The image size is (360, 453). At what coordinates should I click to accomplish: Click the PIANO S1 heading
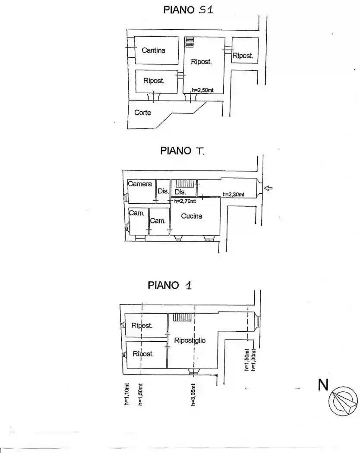coord(188,9)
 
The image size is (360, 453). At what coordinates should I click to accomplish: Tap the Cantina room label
coord(154,50)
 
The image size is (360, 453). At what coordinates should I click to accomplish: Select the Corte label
coord(142,112)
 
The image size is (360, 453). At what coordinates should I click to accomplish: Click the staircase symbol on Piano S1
coord(189,42)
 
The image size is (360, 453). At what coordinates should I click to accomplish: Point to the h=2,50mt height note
coord(203,90)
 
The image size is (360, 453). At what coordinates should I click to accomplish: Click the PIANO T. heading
coord(183,151)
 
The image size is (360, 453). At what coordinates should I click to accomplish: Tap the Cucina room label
coord(191,216)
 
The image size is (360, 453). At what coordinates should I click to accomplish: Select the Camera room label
coord(140,184)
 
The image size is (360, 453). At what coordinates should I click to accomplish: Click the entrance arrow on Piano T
coord(268,189)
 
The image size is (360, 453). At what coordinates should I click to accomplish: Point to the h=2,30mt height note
coord(234,195)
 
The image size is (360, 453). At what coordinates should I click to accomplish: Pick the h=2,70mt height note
coord(185,201)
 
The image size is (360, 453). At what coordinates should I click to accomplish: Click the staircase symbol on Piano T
coord(184,183)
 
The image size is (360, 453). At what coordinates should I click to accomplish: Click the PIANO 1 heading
coord(170,285)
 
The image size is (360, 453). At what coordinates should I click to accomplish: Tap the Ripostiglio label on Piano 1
coord(190,340)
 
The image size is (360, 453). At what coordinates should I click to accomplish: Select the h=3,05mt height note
coord(193,395)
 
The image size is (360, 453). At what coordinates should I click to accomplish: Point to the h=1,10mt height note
coord(126,394)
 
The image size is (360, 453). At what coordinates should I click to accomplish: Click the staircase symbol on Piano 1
coord(182,317)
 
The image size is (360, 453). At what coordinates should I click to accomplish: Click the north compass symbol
coord(343,401)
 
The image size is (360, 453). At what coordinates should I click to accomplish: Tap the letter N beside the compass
coord(323,385)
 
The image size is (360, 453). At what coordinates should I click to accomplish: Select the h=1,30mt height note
coord(254,360)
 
